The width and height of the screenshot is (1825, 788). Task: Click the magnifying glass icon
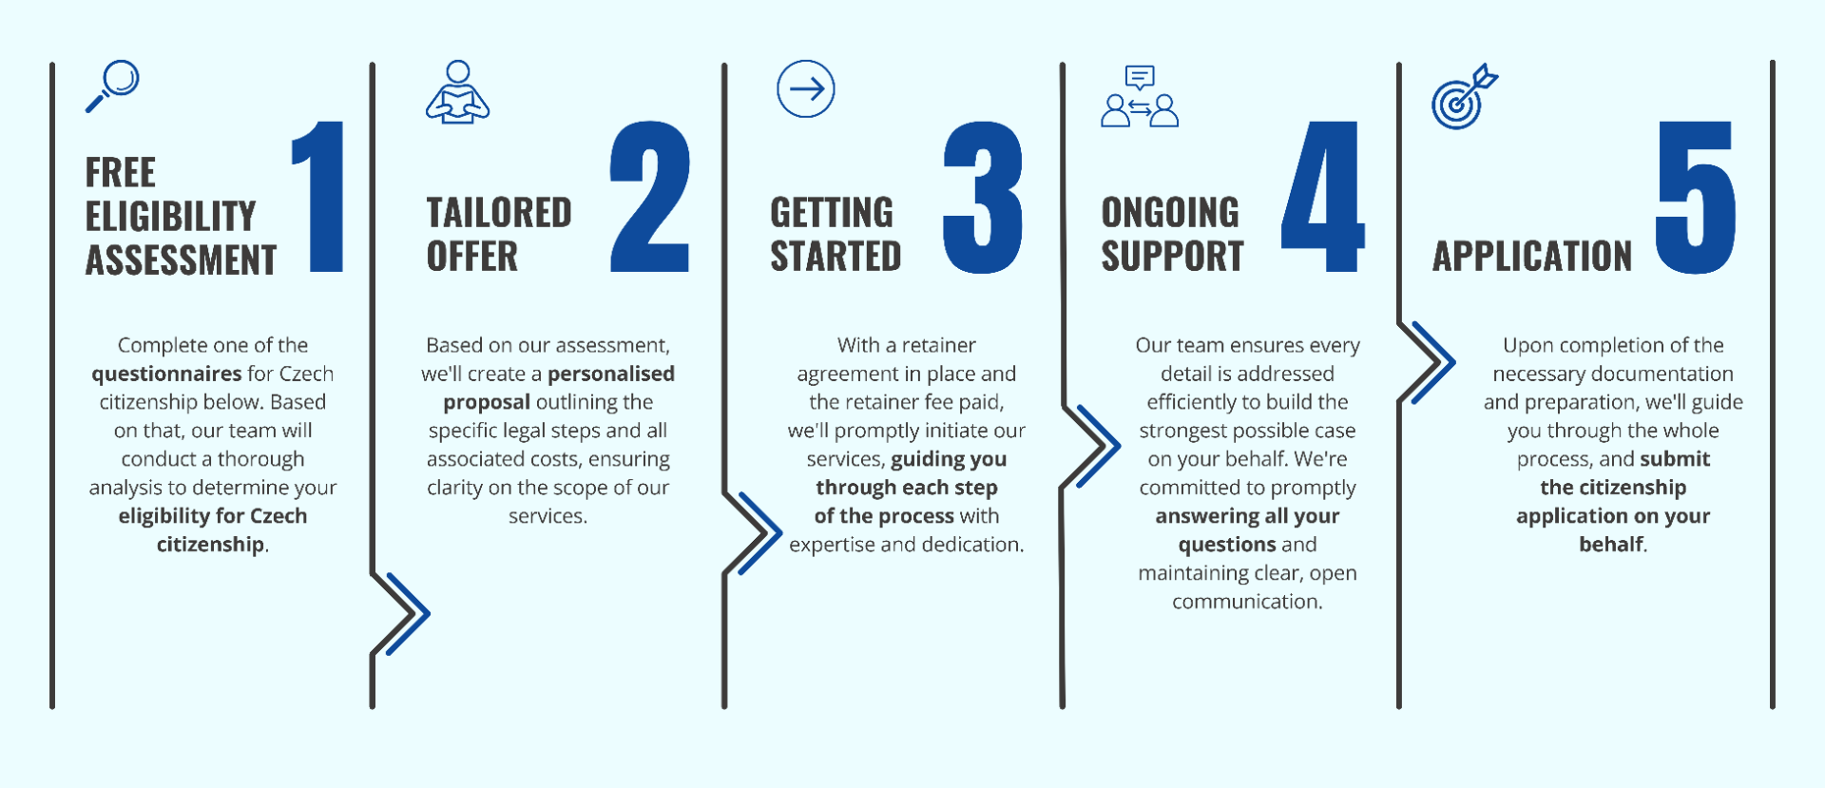(113, 86)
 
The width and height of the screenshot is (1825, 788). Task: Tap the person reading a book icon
(457, 92)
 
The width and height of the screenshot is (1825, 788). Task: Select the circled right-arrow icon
(806, 89)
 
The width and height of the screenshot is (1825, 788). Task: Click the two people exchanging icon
(1140, 98)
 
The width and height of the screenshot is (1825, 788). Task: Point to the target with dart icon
(1464, 97)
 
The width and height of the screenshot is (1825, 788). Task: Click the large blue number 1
(320, 197)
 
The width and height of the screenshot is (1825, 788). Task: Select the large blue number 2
(650, 197)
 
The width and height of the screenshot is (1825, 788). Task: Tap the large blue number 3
(983, 197)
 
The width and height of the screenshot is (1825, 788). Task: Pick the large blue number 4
(1323, 197)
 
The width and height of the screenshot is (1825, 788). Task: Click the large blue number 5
(1696, 197)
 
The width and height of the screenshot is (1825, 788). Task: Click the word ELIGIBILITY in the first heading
(171, 217)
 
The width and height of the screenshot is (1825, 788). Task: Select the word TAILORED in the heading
(499, 213)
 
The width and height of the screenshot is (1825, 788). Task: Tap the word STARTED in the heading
(836, 257)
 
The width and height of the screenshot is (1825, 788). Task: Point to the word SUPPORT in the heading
(1172, 257)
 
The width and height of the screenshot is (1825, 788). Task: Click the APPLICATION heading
(1532, 257)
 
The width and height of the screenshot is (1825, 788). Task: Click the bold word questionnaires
(166, 374)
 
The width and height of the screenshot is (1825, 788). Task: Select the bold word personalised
(611, 374)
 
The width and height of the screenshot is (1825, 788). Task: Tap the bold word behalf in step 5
(1611, 545)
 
